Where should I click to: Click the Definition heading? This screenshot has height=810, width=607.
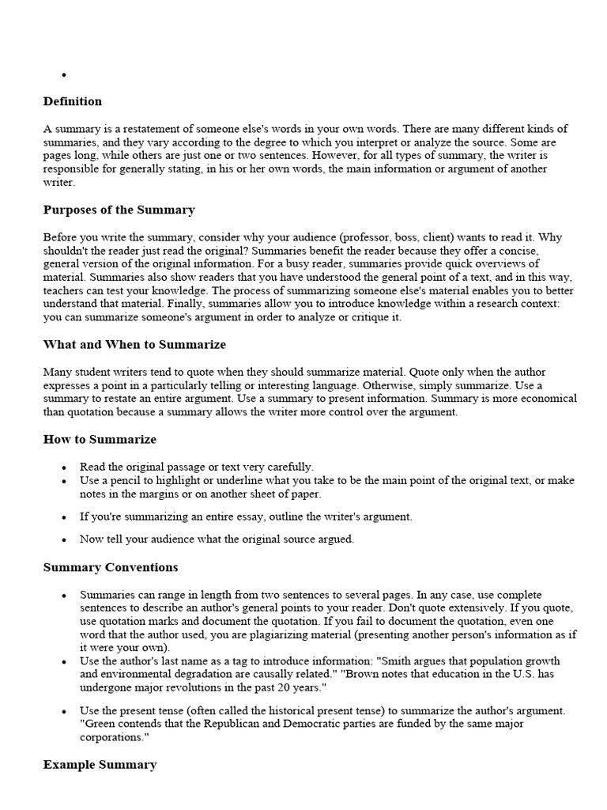click(73, 101)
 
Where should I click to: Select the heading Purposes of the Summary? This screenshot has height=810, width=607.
click(119, 210)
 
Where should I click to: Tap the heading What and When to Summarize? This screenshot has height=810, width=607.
click(134, 344)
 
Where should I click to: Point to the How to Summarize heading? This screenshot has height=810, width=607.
click(100, 439)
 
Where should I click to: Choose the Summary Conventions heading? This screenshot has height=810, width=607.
click(111, 567)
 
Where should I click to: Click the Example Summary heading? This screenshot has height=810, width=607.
click(100, 764)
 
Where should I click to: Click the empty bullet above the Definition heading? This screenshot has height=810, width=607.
click(62, 76)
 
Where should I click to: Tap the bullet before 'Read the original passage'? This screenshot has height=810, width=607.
click(62, 467)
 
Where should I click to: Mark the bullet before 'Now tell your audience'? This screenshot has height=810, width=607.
click(62, 539)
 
